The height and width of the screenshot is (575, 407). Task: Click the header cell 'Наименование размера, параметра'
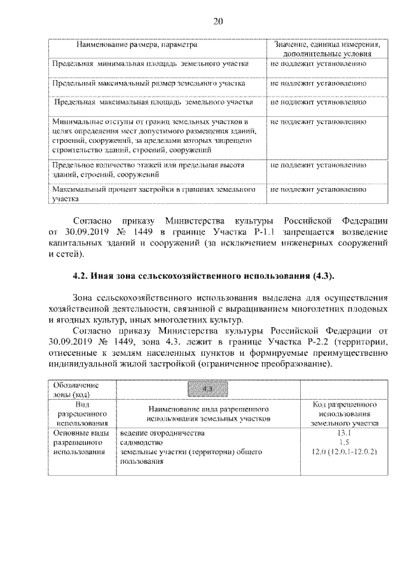click(136, 45)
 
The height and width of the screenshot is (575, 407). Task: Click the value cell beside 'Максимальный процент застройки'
click(318, 189)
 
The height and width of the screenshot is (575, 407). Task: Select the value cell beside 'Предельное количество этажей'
click(318, 165)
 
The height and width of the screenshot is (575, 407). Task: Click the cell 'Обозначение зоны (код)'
click(76, 389)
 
